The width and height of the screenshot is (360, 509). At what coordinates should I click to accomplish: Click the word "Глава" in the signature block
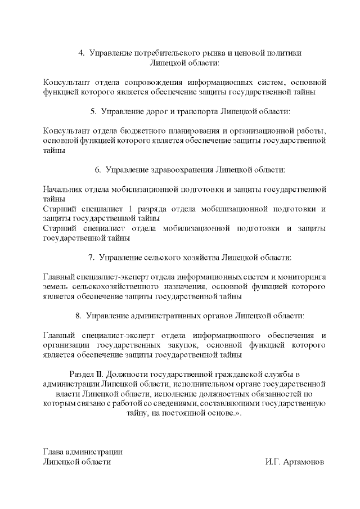53,452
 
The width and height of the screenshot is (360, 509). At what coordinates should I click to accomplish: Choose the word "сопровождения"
140,82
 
